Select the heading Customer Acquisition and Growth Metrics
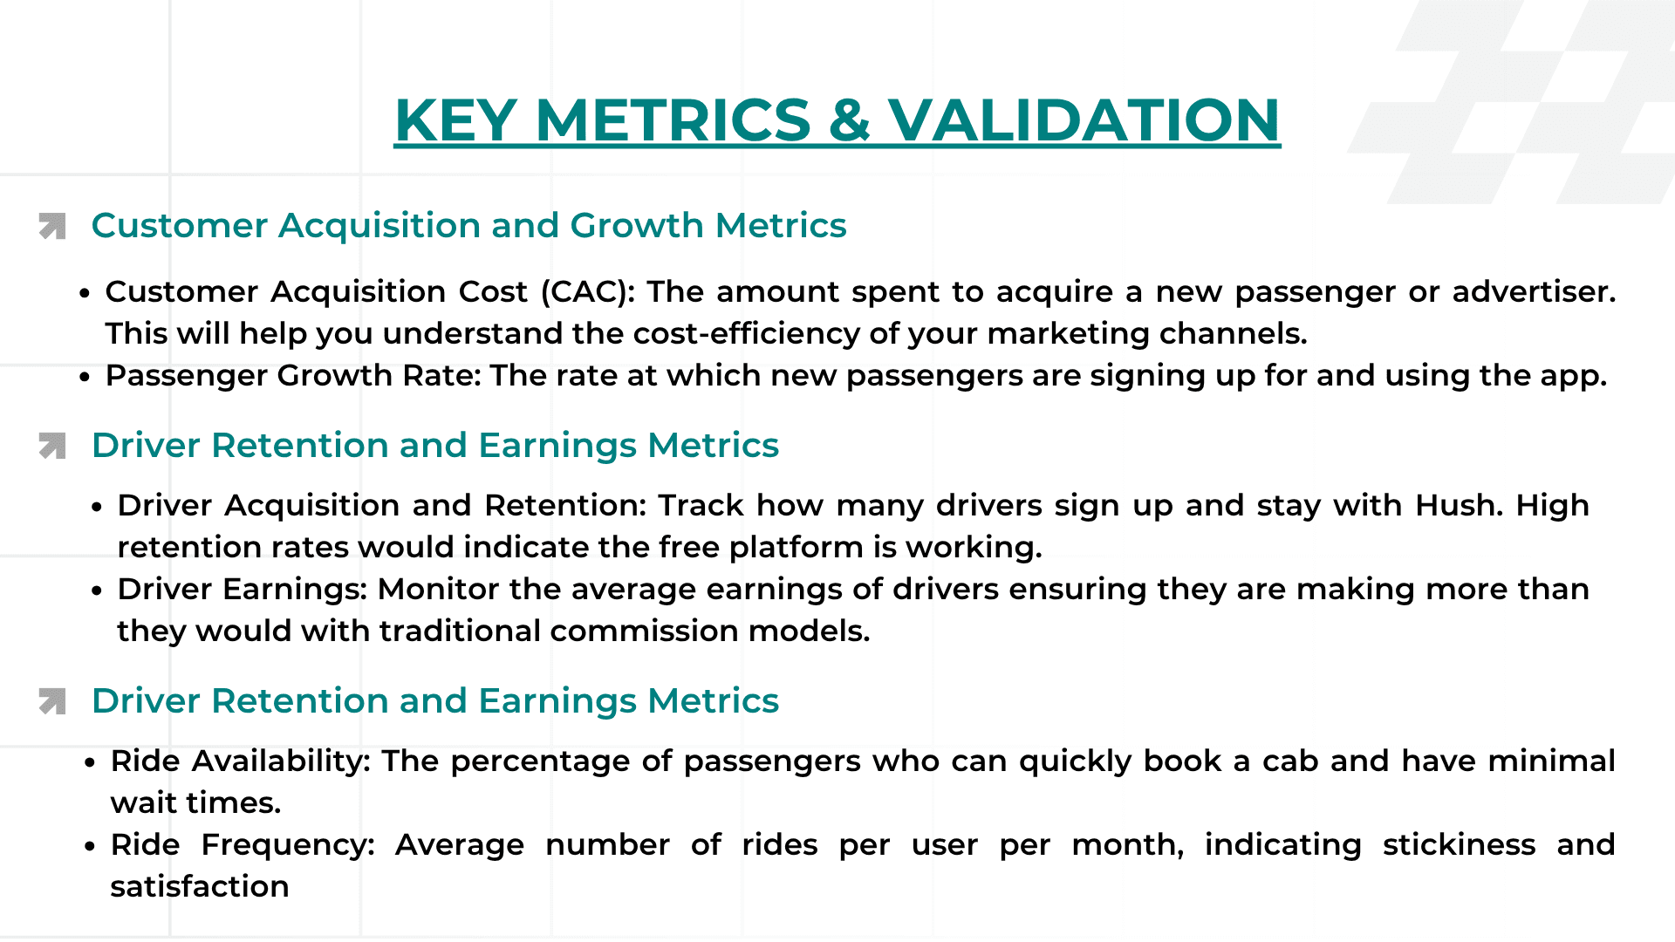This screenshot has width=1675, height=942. click(x=468, y=225)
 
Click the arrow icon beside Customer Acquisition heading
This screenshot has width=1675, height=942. click(x=52, y=226)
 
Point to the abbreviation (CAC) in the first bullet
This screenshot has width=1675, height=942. click(x=588, y=291)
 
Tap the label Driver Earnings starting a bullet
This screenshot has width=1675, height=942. click(x=242, y=589)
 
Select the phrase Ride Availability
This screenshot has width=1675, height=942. click(x=240, y=761)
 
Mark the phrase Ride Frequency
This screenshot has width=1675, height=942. click(x=242, y=844)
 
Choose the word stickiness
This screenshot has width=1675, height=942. click(x=1459, y=844)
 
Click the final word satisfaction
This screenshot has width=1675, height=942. click(x=200, y=886)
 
